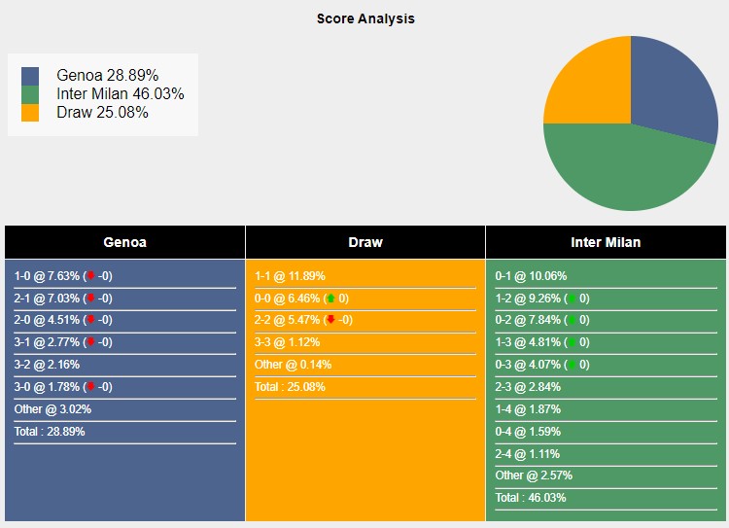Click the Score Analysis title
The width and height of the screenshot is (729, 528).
point(365,18)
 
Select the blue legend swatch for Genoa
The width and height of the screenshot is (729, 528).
point(30,75)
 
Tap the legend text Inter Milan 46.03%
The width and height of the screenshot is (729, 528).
point(121,93)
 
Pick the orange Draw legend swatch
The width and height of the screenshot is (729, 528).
point(30,112)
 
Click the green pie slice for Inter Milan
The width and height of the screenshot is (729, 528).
point(622,170)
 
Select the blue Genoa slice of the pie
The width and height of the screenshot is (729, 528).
point(671,88)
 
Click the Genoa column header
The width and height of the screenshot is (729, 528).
point(124,242)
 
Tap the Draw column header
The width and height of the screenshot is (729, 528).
point(365,242)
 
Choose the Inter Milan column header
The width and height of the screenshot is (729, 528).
point(606,242)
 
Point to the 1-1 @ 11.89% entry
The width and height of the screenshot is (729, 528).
point(290,275)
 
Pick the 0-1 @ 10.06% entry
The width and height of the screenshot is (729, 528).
point(531,275)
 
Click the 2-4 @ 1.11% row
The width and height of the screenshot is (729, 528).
point(528,453)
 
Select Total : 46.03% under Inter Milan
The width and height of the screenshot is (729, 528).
point(531,498)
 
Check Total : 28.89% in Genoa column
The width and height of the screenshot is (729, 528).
point(50,431)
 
